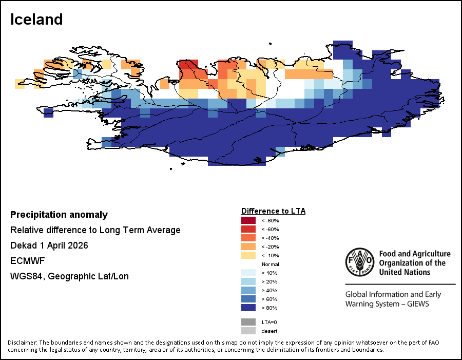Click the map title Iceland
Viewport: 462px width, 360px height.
pyautogui.click(x=36, y=20)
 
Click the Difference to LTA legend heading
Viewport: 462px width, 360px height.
pyautogui.click(x=273, y=211)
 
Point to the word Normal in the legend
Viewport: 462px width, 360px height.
pyautogui.click(x=271, y=264)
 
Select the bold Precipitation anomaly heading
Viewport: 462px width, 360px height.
pyautogui.click(x=59, y=215)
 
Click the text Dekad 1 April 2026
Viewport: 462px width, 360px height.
pyautogui.click(x=49, y=245)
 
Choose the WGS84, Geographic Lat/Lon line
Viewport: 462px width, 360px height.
pyautogui.click(x=69, y=276)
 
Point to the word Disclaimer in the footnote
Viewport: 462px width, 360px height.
pyautogui.click(x=22, y=343)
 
